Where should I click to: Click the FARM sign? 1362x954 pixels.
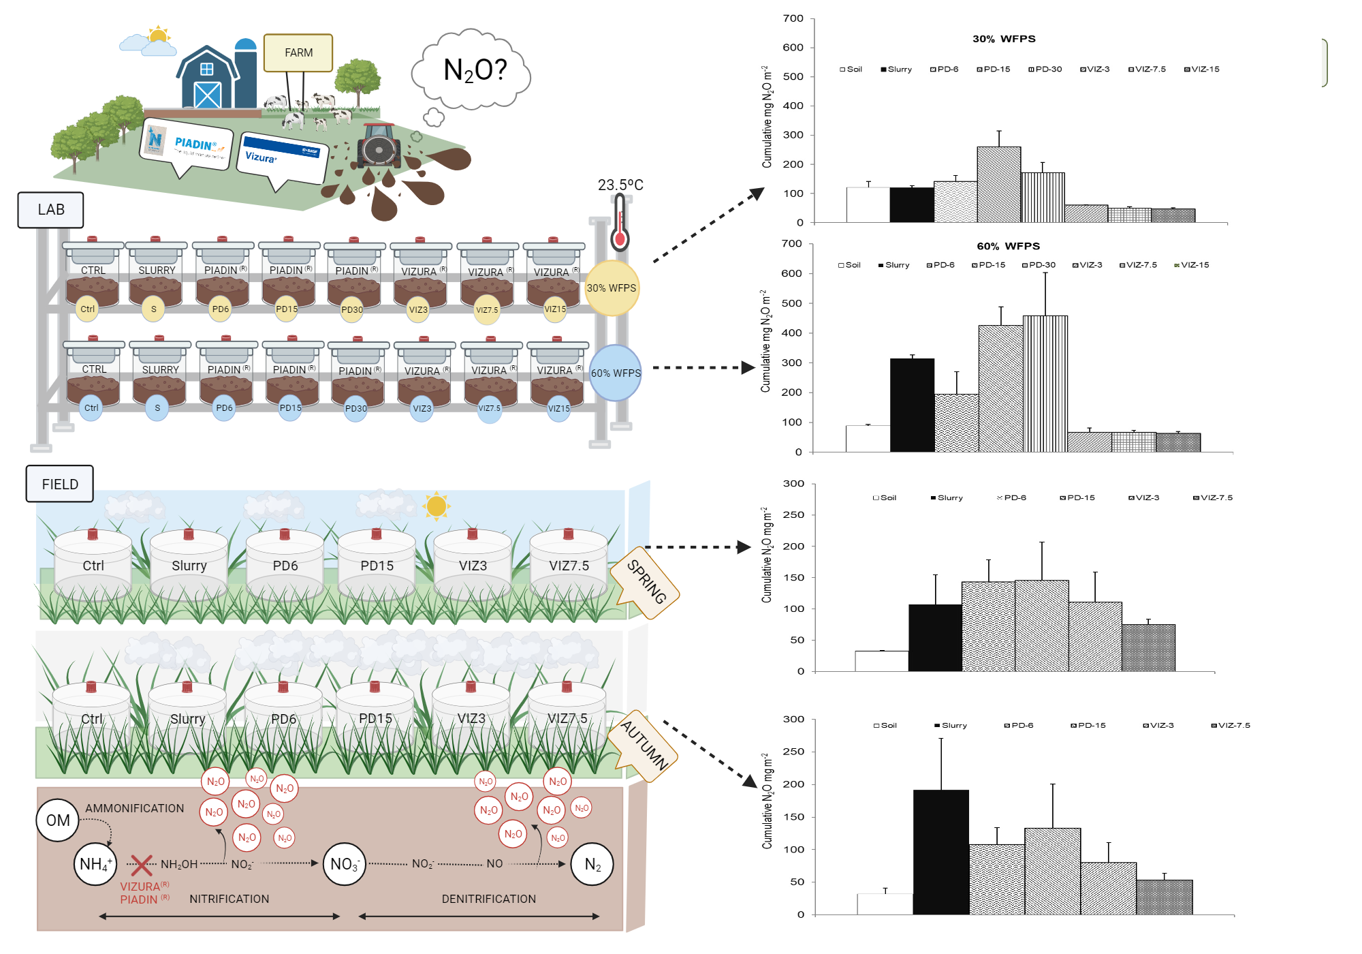tap(298, 52)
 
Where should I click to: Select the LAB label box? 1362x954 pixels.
tap(50, 210)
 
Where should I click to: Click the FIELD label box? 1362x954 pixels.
tap(60, 484)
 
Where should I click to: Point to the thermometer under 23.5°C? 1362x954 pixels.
tap(619, 222)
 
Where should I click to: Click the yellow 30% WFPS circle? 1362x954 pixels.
tap(612, 288)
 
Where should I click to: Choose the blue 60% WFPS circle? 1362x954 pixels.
tap(616, 373)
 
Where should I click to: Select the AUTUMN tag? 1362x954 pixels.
tap(645, 745)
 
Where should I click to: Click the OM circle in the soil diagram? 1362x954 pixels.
tap(58, 820)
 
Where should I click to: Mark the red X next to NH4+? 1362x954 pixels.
tap(141, 865)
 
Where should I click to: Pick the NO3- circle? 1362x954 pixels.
tap(344, 864)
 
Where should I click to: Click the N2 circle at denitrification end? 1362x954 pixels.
tap(592, 864)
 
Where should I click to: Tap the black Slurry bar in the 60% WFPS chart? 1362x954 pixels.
tap(912, 405)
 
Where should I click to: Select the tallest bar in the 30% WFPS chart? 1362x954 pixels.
tap(998, 185)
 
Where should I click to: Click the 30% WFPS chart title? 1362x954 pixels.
tap(1004, 39)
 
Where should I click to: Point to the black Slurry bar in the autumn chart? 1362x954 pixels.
tap(940, 852)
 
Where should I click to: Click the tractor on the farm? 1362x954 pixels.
tap(379, 145)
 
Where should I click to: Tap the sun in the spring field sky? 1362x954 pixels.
tap(436, 506)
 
